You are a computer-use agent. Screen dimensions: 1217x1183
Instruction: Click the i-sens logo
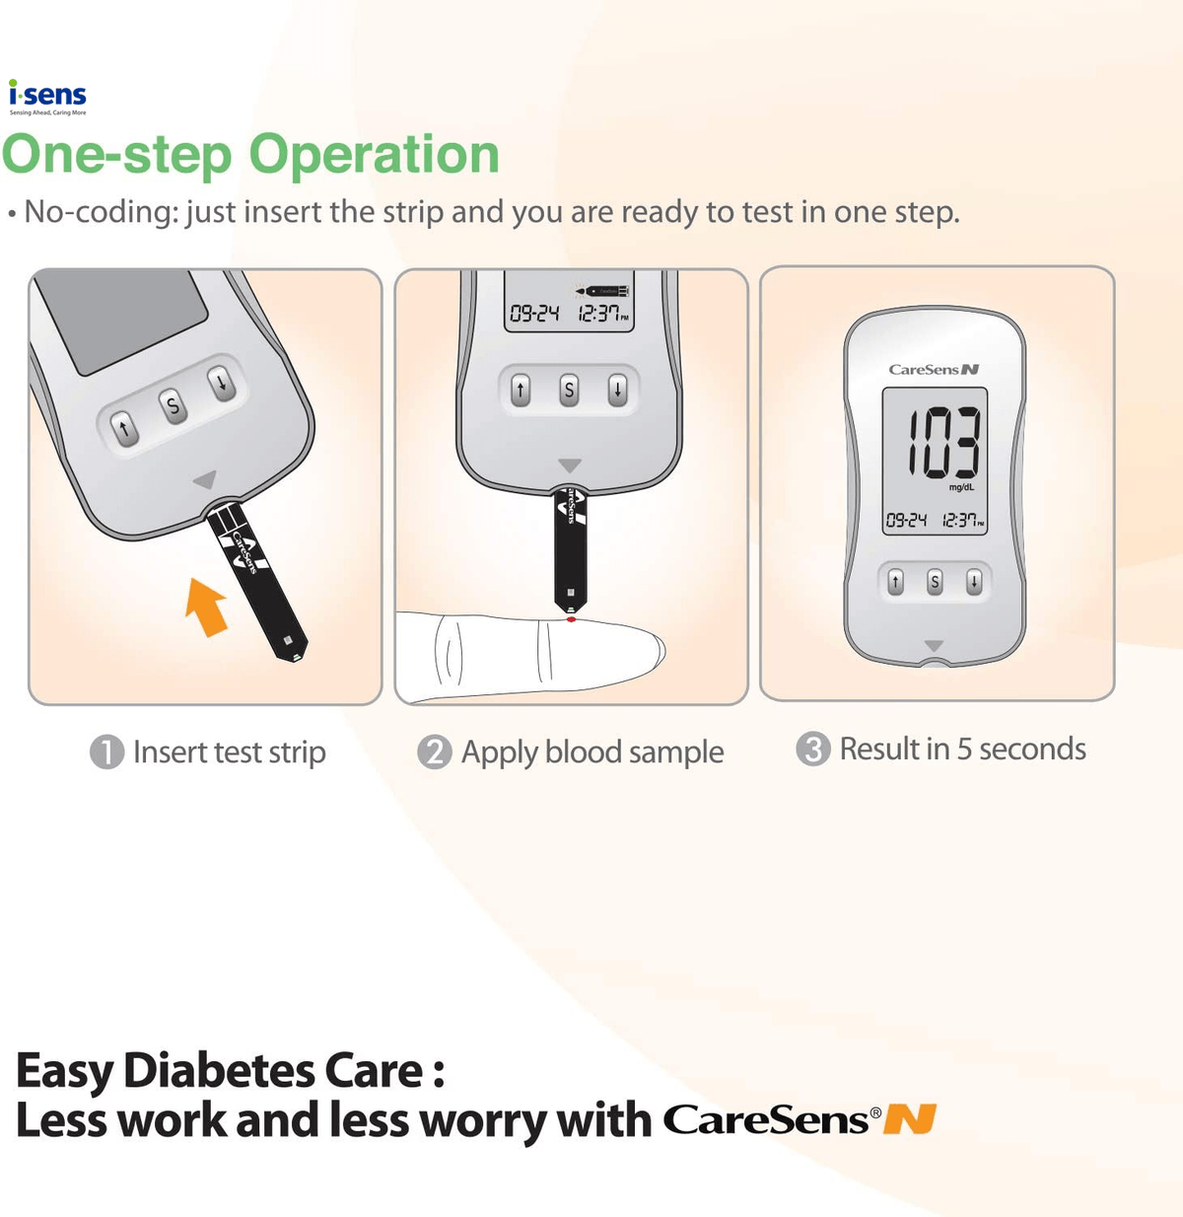pyautogui.click(x=47, y=97)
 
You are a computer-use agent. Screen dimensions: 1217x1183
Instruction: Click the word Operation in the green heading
pyautogui.click(x=374, y=155)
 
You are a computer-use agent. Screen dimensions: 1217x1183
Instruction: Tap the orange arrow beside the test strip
pyautogui.click(x=206, y=606)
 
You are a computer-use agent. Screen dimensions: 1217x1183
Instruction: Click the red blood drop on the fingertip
pyautogui.click(x=572, y=618)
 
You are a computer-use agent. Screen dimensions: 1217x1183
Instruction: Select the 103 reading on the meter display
pyautogui.click(x=942, y=443)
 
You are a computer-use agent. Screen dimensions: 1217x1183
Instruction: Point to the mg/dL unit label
pyautogui.click(x=961, y=487)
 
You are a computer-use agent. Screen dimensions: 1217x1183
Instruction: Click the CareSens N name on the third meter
pyautogui.click(x=934, y=370)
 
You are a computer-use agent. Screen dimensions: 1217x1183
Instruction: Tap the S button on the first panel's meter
pyautogui.click(x=174, y=405)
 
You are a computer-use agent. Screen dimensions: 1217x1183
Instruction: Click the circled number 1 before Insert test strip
pyautogui.click(x=106, y=752)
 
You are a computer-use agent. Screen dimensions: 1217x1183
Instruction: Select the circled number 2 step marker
pyautogui.click(x=434, y=752)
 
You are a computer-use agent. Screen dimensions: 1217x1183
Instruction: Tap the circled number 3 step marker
pyautogui.click(x=812, y=750)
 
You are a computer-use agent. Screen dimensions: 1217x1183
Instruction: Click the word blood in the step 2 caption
pyautogui.click(x=584, y=752)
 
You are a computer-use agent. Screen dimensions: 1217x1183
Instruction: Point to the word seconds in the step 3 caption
pyautogui.click(x=1032, y=750)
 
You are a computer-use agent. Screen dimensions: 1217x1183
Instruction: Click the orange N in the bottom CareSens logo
pyautogui.click(x=909, y=1120)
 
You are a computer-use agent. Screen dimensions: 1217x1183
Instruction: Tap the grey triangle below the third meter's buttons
pyautogui.click(x=934, y=646)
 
